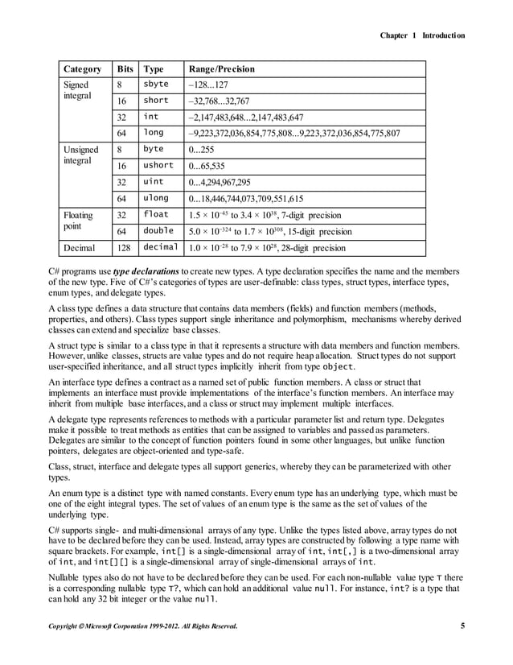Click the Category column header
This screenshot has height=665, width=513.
[84, 69]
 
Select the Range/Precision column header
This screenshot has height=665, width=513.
[220, 69]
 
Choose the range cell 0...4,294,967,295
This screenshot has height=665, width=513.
[220, 183]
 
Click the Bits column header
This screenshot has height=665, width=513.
[125, 69]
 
